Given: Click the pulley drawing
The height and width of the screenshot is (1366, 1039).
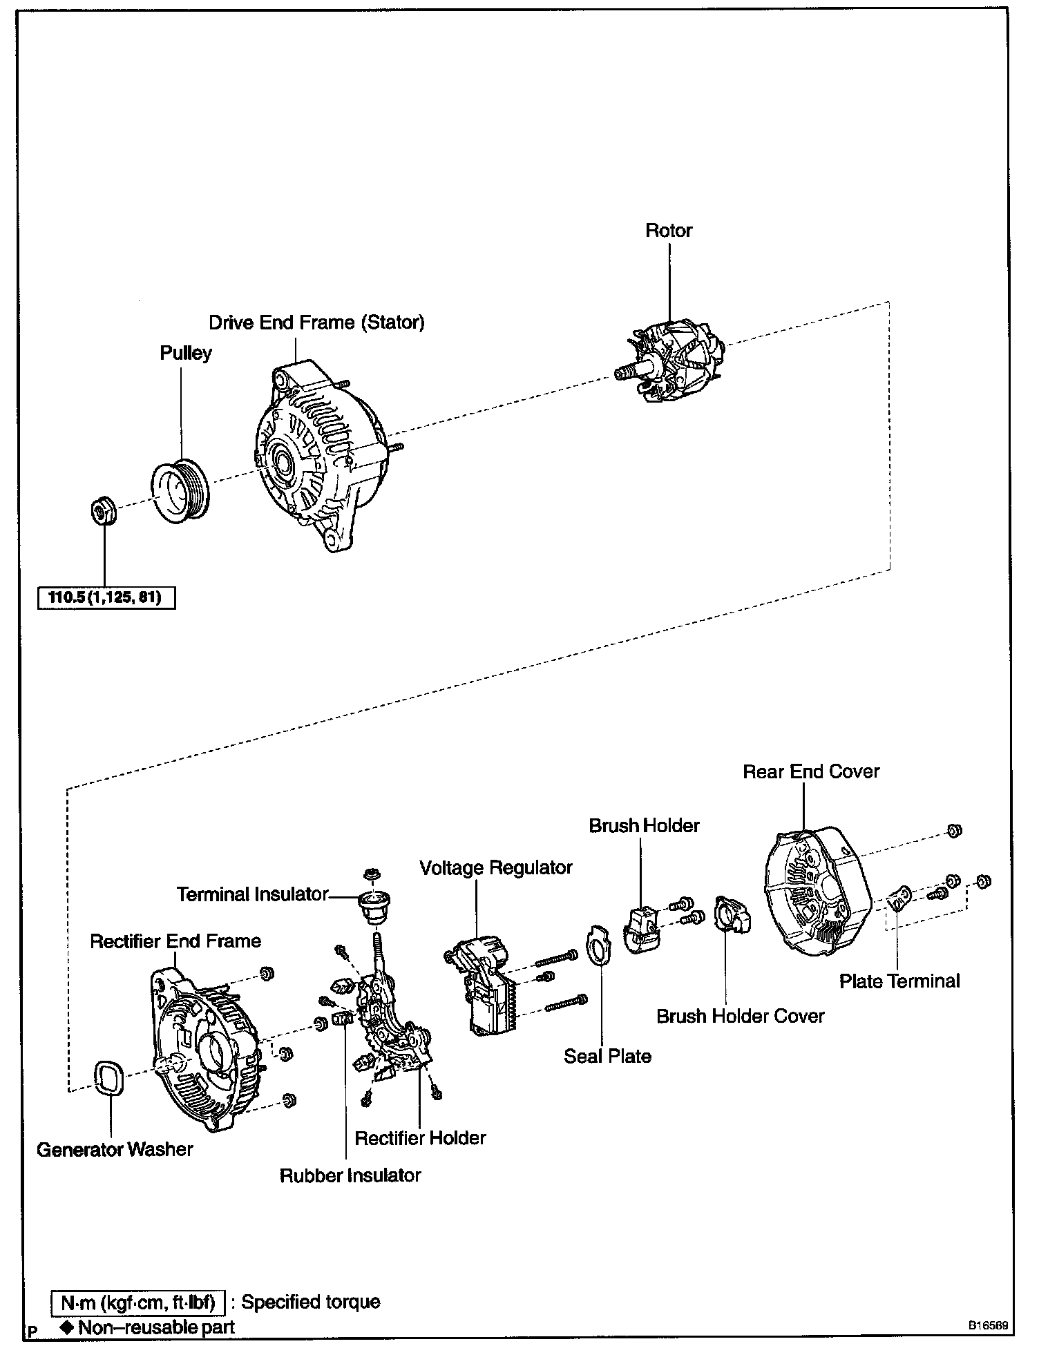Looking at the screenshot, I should (x=181, y=490).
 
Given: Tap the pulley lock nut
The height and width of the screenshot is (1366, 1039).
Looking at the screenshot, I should (x=104, y=512).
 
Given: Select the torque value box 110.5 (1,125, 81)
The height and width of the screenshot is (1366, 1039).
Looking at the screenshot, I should (x=106, y=597).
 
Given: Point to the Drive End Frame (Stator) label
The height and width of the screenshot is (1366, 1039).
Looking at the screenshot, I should (x=316, y=323).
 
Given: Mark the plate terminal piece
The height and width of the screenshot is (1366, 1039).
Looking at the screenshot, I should (x=899, y=900).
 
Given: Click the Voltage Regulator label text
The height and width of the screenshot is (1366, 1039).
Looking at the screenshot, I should (x=496, y=867).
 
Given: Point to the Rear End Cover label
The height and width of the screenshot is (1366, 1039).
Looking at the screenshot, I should (x=811, y=771).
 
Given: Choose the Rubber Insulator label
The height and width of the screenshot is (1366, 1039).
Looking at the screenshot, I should (x=350, y=1175).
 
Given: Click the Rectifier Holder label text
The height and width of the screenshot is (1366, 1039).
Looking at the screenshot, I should (x=420, y=1138).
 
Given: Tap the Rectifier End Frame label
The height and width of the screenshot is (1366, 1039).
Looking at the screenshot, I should (x=175, y=941).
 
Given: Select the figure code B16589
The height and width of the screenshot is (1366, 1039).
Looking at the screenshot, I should (x=987, y=1326).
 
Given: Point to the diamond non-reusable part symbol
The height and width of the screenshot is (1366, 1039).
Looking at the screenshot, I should (x=67, y=1327).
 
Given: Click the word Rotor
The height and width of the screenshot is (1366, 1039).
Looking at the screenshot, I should (x=669, y=231).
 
